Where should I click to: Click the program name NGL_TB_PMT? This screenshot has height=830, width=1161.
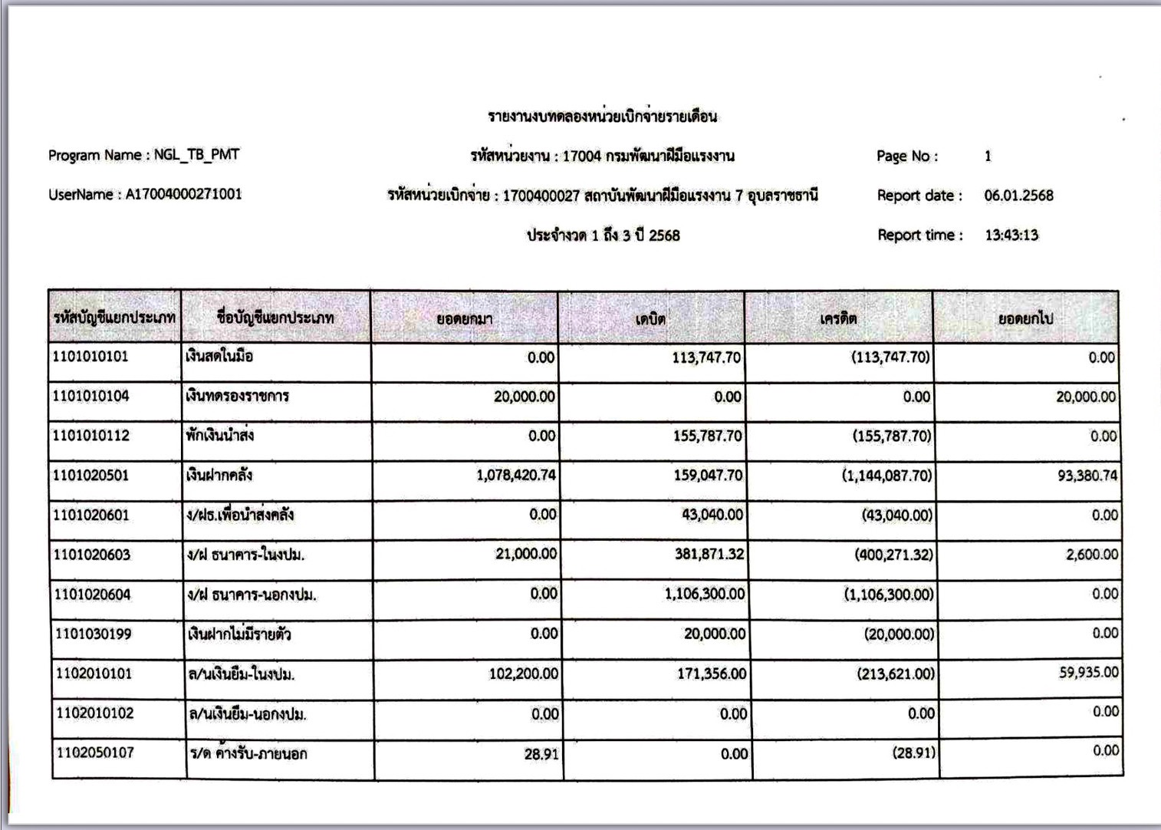tap(196, 155)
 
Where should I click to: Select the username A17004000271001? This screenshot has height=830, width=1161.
tap(183, 194)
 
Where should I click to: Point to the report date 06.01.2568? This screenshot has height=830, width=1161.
tap(1018, 196)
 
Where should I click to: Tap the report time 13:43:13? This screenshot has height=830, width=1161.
tap(1011, 235)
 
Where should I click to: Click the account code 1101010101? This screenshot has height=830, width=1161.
tap(90, 357)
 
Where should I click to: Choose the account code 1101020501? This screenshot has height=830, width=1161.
tap(91, 476)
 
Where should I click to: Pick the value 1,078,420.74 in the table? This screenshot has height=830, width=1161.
tap(515, 476)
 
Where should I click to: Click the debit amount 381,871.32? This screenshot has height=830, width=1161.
tap(709, 554)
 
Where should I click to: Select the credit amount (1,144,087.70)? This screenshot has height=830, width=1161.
tap(887, 476)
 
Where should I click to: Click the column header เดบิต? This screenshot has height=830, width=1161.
tap(650, 318)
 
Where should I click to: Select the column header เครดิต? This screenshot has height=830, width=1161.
tap(838, 318)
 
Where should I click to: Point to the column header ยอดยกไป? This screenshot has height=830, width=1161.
tap(1025, 318)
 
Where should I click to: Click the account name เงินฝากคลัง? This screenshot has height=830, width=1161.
tap(219, 476)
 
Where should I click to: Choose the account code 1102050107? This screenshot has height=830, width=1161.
tap(94, 753)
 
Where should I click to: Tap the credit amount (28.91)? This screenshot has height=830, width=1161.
tap(913, 753)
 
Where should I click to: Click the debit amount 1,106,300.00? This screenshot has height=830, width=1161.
tap(704, 594)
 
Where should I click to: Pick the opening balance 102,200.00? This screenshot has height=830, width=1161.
tap(524, 674)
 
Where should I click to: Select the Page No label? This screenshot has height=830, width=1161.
tap(907, 156)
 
